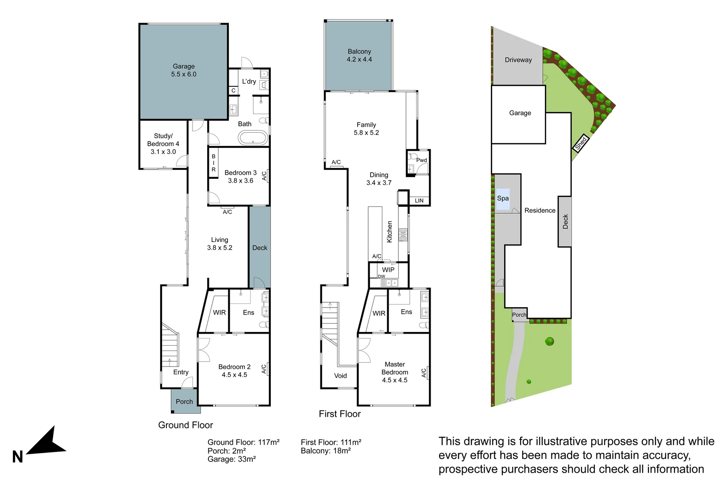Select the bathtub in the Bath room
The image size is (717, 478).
coord(253,138)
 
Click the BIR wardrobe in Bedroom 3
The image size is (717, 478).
coord(213,163)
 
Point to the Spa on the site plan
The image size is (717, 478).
coord(503,198)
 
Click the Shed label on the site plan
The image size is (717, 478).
coord(581,143)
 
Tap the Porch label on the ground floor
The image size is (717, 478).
coord(184,401)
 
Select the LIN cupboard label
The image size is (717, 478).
coord(419,200)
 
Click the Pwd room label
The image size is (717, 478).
coord(421,160)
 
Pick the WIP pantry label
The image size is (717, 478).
coord(388,270)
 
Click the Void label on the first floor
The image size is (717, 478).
coord(340,376)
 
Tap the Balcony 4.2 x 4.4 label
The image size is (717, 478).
coord(359,55)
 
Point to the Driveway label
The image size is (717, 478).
coord(518,60)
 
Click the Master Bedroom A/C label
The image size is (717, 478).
coord(424,373)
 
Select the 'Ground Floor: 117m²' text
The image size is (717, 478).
coord(243,442)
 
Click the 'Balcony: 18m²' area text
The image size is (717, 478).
coord(326,451)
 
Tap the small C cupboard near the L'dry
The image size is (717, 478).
coord(233,90)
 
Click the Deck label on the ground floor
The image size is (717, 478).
coord(260,248)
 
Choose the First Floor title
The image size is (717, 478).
coord(339,414)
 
